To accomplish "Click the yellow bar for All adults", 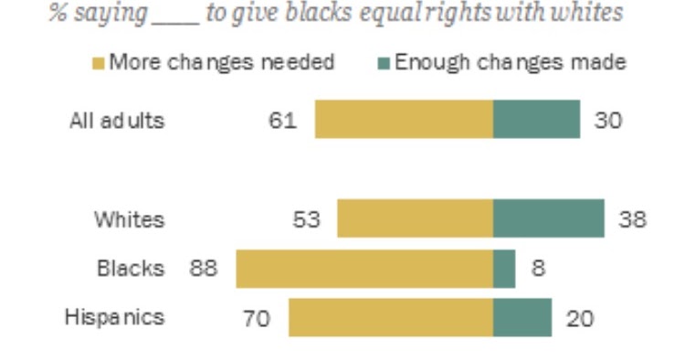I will tap(404, 120).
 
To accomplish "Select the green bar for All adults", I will tap(536, 120).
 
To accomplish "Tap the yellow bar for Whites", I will tap(415, 219).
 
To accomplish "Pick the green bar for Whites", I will tap(548, 219).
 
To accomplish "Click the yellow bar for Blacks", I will tap(364, 269).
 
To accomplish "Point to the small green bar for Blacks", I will tap(504, 269).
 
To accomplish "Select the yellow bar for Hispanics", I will tap(391, 318).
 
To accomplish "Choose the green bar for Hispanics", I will tap(522, 318).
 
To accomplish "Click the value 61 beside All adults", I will tap(283, 121).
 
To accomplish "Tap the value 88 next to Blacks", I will tap(204, 270).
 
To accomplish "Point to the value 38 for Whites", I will tap(632, 219).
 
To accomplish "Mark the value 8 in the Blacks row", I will tap(539, 270).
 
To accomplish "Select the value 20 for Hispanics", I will tap(580, 319).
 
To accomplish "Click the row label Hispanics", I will tap(115, 317).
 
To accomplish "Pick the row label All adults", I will tap(118, 121).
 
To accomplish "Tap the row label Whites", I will tap(130, 219).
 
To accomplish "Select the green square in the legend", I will tap(385, 63).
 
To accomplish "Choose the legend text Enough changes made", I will tap(510, 62).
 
